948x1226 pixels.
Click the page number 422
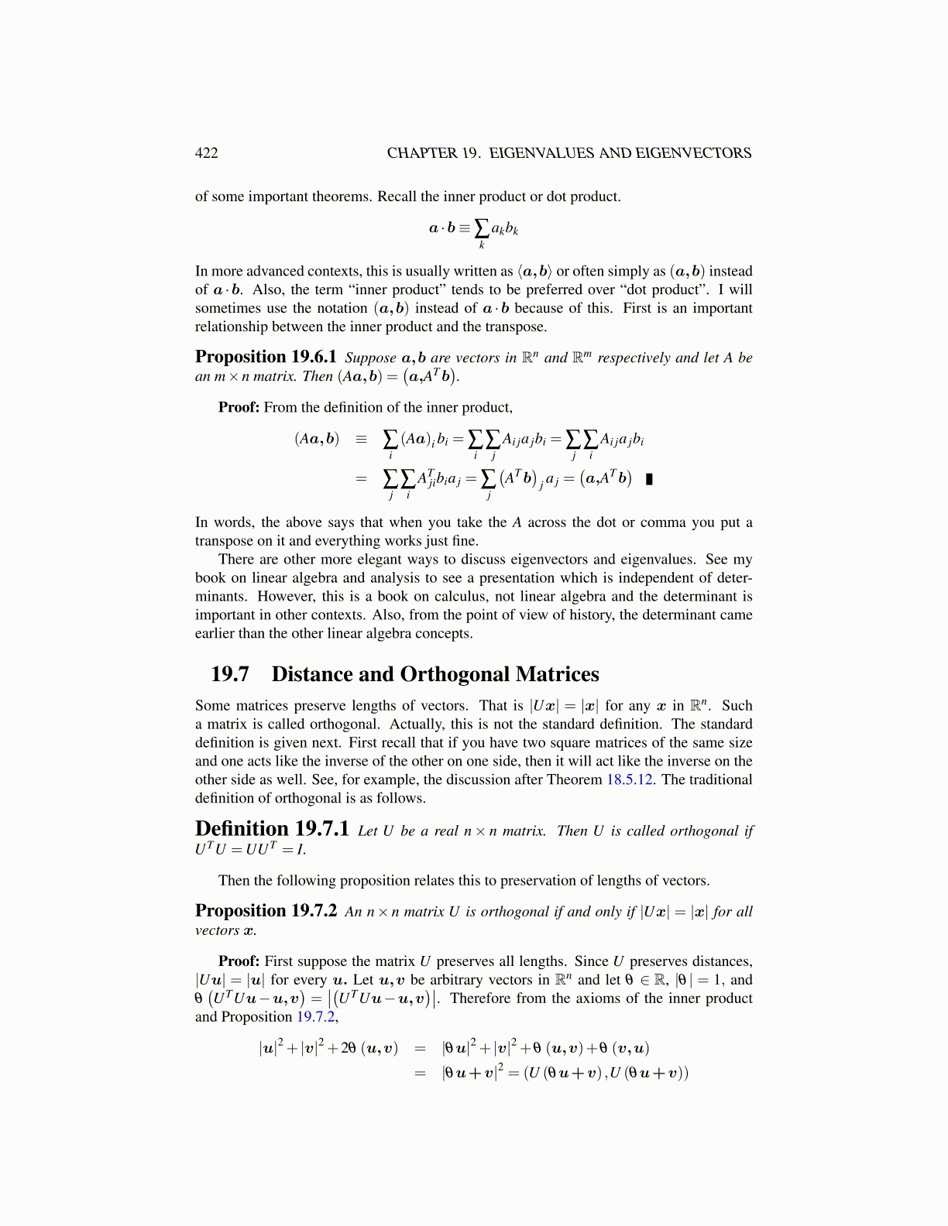[x=206, y=153]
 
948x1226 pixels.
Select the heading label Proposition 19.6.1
[x=266, y=357]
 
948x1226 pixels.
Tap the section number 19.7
[x=230, y=674]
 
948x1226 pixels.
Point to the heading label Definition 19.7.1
[x=272, y=829]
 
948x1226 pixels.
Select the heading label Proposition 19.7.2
[x=266, y=911]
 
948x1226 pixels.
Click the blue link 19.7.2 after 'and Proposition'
[x=317, y=1017]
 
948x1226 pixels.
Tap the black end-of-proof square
[x=649, y=479]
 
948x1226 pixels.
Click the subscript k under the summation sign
[x=482, y=245]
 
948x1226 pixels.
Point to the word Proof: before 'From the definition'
[x=239, y=407]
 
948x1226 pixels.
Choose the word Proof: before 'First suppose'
[x=239, y=961]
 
